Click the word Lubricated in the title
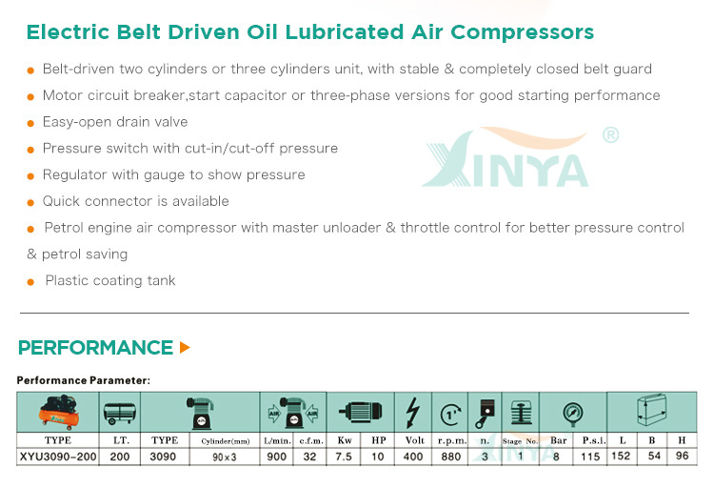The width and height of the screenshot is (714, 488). pyautogui.click(x=345, y=31)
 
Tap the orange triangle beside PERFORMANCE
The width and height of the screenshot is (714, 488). pyautogui.click(x=185, y=348)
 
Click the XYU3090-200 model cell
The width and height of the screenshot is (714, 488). pyautogui.click(x=58, y=457)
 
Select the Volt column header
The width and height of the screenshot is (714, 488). pyautogui.click(x=414, y=440)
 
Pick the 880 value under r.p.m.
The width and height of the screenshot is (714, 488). pyautogui.click(x=451, y=457)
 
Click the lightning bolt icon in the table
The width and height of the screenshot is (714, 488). pyautogui.click(x=412, y=413)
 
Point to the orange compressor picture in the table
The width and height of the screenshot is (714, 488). pyautogui.click(x=58, y=413)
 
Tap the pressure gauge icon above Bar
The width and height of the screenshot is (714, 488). pyautogui.click(x=572, y=414)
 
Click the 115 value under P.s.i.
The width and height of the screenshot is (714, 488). pyautogui.click(x=590, y=457)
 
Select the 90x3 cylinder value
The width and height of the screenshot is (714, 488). pyautogui.click(x=225, y=457)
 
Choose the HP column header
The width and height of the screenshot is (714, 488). pyautogui.click(x=378, y=440)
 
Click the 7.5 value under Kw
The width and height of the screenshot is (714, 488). pyautogui.click(x=344, y=457)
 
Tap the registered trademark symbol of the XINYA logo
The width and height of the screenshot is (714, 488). pyautogui.click(x=610, y=135)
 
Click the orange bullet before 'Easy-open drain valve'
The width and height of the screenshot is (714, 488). pyautogui.click(x=30, y=123)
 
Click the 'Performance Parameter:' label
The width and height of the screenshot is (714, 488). pyautogui.click(x=84, y=380)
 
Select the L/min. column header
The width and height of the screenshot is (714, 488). pyautogui.click(x=277, y=440)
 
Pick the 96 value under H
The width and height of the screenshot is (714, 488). pyautogui.click(x=682, y=456)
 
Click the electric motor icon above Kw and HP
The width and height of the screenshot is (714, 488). pyautogui.click(x=360, y=412)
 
